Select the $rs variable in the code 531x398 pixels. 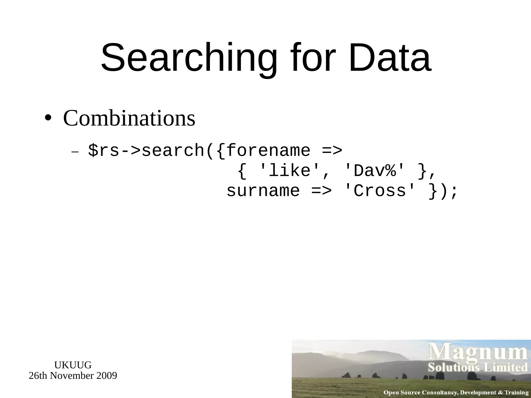click(x=104, y=151)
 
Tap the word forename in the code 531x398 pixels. click(x=268, y=151)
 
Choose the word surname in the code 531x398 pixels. click(x=263, y=191)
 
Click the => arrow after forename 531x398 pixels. click(x=332, y=151)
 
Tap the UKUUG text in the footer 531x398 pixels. click(x=73, y=365)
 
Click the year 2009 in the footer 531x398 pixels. click(x=107, y=375)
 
